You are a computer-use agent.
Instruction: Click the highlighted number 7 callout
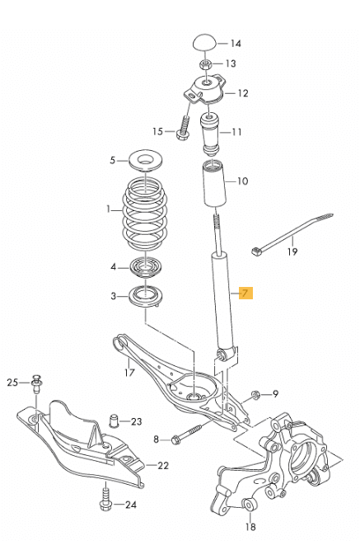pos(245,294)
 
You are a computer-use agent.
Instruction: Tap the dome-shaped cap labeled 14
pos(205,43)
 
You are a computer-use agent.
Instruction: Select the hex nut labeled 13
pos(205,64)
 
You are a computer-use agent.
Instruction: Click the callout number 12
pos(243,93)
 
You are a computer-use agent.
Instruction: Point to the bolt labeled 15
pos(184,127)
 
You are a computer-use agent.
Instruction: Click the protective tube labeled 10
pos(214,183)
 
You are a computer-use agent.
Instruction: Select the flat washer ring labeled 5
pos(146,160)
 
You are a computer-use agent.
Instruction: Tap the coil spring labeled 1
pos(145,213)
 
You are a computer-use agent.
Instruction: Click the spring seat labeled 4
pos(145,268)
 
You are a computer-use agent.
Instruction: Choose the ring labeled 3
pos(145,297)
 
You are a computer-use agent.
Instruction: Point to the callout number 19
pos(292,251)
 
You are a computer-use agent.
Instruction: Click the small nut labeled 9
pos(256,394)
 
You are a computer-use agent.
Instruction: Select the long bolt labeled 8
pos(186,433)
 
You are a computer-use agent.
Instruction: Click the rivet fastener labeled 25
pos(36,383)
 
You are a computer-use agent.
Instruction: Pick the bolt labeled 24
pos(105,500)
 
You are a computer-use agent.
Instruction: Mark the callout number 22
pos(163,465)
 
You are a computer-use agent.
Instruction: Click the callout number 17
pos(129,372)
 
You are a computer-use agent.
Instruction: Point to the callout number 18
pos(250,527)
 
